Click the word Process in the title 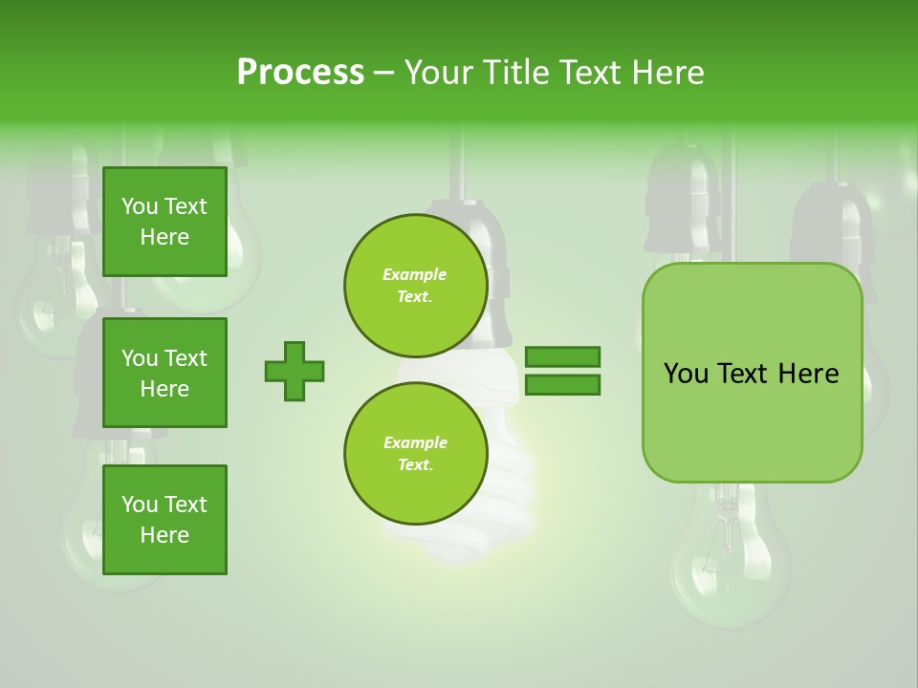point(300,73)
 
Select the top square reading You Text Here point(164,222)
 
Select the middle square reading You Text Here point(164,373)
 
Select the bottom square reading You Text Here point(164,519)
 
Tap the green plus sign point(295,371)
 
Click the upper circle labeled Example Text point(415,286)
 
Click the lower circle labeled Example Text point(415,454)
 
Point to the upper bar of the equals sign point(562,356)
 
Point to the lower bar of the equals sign point(562,384)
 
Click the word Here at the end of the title point(670,73)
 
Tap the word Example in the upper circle point(415,274)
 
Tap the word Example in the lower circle point(415,442)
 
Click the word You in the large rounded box point(685,374)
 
